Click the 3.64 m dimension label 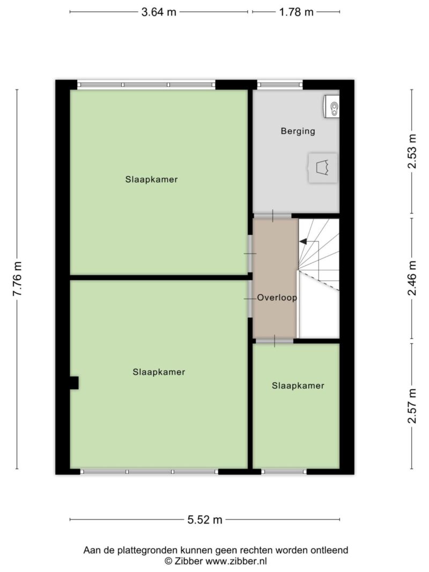159,12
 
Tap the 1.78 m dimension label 296,12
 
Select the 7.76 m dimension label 17,279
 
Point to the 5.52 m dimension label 205,519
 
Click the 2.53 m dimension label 412,151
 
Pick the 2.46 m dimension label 412,278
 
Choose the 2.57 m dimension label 412,406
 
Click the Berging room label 298,131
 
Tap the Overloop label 277,298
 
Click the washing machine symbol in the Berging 322,168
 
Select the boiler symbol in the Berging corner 331,106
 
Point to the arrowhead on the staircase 303,241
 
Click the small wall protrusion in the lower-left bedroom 74,383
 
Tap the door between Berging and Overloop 272,216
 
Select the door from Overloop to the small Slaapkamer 275,341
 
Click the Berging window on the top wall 280,85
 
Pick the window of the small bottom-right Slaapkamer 284,472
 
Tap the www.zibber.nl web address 236,561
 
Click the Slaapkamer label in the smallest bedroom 298,385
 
